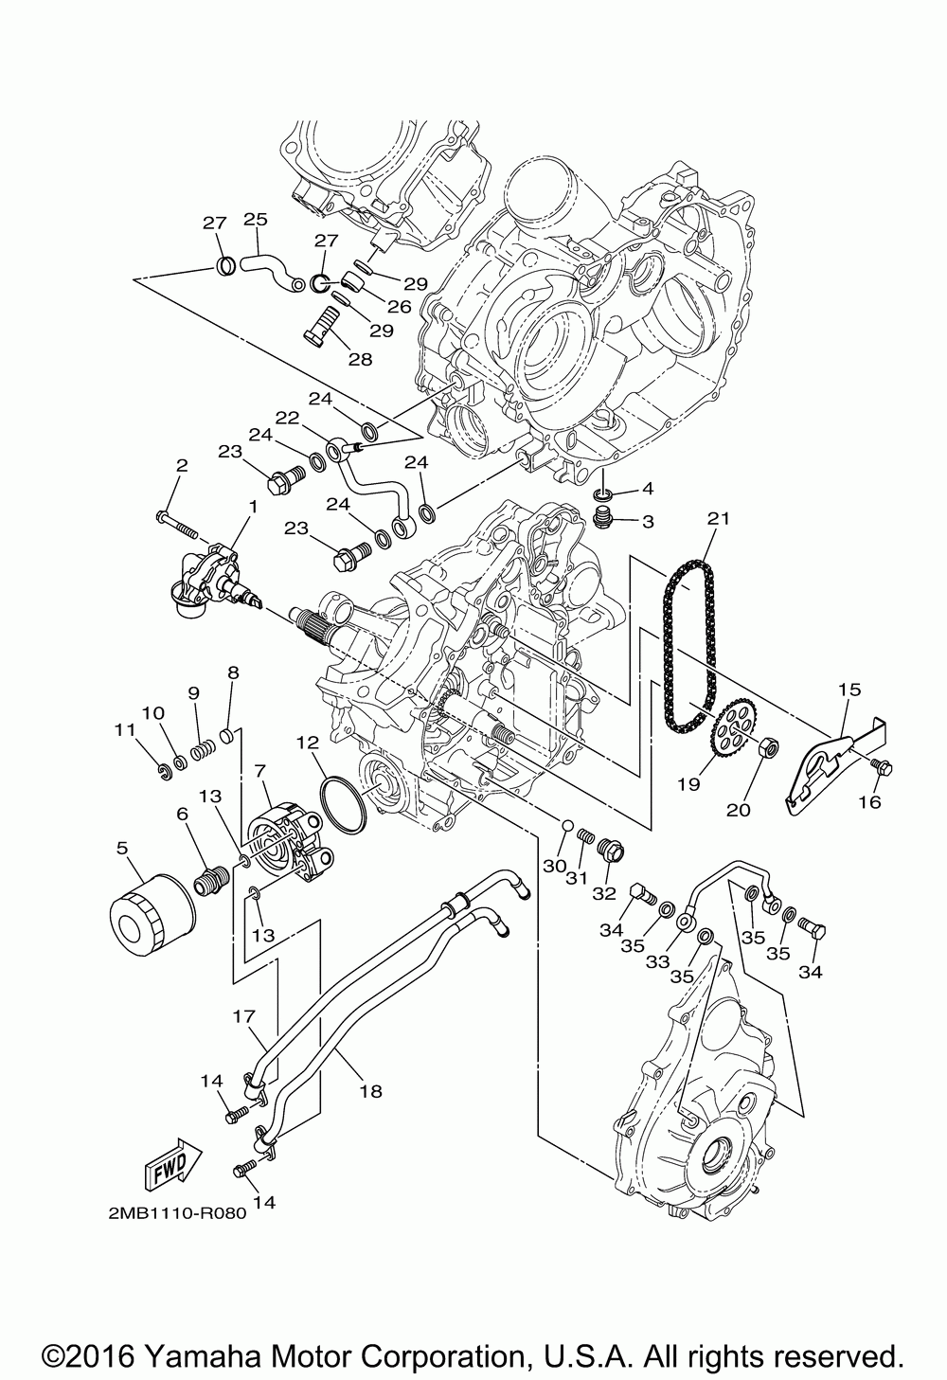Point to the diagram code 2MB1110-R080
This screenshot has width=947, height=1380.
(x=171, y=1215)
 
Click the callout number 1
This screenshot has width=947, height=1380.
(x=253, y=507)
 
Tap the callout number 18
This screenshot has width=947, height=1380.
(x=370, y=1090)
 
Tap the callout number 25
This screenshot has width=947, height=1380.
(x=256, y=219)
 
